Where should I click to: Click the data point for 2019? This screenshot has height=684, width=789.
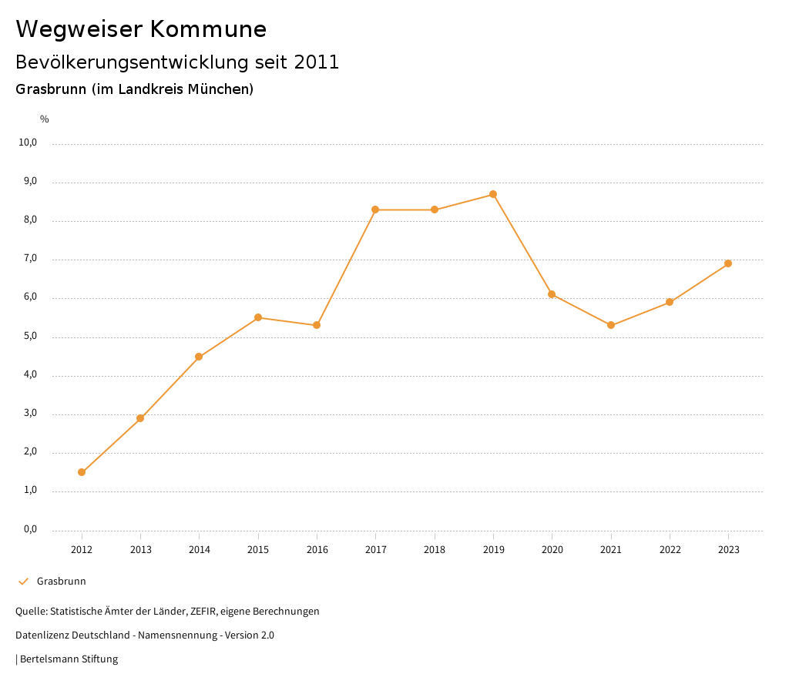pos(493,194)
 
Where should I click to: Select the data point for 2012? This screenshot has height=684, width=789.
pos(82,472)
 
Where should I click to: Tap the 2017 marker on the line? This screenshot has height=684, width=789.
pos(375,210)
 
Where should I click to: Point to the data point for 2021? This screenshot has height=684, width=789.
pos(611,325)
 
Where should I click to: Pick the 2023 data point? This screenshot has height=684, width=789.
pos(728,263)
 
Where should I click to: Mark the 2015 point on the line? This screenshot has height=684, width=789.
pos(258,317)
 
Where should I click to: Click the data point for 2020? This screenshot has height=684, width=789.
pos(552,294)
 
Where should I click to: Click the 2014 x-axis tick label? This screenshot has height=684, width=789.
pos(200,550)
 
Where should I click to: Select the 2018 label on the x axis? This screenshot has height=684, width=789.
pos(435,550)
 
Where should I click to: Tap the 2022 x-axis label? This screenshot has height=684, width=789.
pos(670,550)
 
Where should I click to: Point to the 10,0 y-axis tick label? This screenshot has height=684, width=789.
pos(28,143)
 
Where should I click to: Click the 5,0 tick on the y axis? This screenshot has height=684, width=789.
pos(30,337)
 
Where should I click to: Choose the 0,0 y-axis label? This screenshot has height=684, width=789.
pos(30,530)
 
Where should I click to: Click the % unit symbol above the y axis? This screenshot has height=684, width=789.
pos(45,119)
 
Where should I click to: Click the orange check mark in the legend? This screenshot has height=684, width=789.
pos(23,582)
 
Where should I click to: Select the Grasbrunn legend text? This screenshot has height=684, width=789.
pos(62,582)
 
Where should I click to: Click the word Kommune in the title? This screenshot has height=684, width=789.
pos(208,29)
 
